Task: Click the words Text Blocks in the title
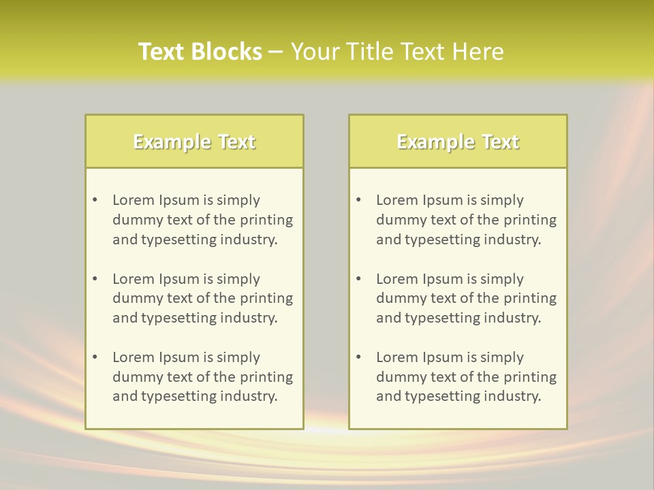click(200, 52)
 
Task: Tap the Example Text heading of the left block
click(194, 142)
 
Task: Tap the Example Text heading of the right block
click(458, 142)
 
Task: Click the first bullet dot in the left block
click(95, 200)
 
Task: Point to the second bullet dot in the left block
click(95, 279)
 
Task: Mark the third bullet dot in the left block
click(95, 357)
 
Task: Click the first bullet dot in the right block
click(358, 200)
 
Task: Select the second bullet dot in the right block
click(358, 279)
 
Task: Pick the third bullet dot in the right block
click(358, 357)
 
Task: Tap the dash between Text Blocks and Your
click(276, 52)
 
